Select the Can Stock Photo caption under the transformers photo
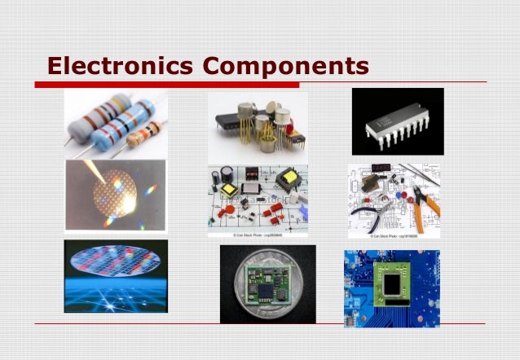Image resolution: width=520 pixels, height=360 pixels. point(258,235)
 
